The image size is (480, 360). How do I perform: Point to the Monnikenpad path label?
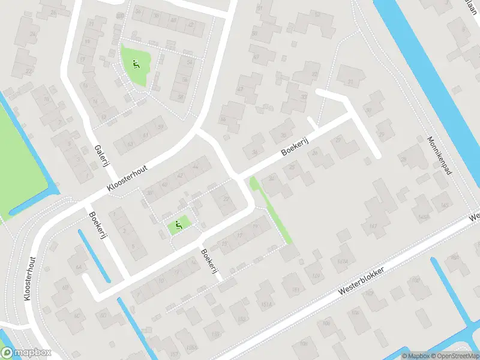(x=439, y=154)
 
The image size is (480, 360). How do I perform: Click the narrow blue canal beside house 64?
(x=94, y=256)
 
